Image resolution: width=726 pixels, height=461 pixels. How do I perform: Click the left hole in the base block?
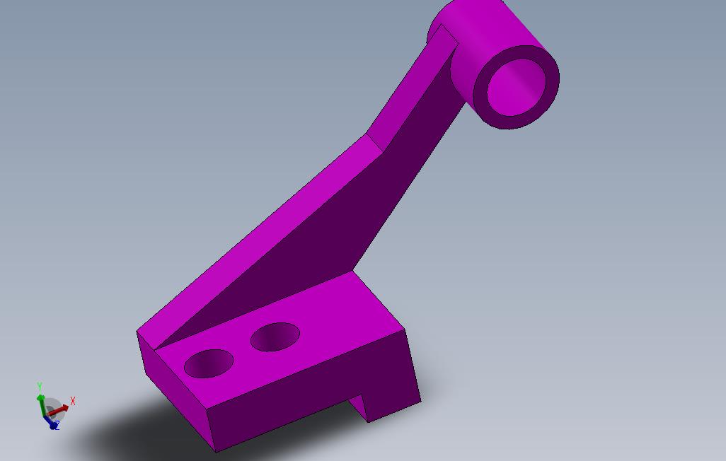[209, 363]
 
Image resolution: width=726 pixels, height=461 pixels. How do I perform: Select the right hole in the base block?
[275, 337]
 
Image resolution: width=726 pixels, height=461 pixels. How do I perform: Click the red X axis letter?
[73, 401]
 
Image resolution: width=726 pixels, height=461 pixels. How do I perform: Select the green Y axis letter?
[40, 386]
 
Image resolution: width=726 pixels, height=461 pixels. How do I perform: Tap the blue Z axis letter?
[56, 426]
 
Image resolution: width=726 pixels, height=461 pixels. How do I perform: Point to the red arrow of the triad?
[61, 408]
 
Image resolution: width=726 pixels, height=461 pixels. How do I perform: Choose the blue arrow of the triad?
[50, 421]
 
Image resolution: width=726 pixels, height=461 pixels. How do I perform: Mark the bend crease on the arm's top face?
[375, 142]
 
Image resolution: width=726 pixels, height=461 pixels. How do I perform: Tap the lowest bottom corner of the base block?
[216, 450]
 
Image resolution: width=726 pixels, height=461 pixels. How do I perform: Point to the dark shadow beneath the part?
[142, 431]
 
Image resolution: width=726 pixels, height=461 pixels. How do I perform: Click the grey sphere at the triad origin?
[52, 409]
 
